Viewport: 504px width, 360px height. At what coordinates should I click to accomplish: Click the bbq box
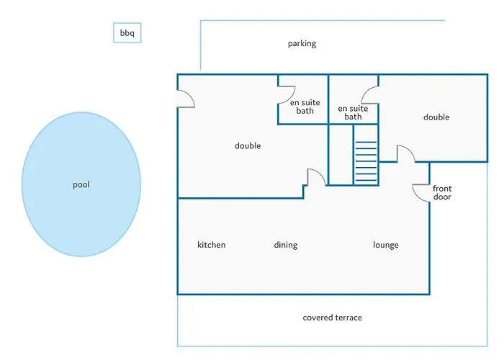127,32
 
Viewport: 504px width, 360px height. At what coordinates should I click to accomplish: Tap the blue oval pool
81,184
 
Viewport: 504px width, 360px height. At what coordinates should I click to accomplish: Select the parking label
302,44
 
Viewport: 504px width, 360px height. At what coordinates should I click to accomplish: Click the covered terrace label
333,318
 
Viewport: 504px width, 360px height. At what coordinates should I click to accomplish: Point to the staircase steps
366,161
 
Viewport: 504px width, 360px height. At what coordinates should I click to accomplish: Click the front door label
442,192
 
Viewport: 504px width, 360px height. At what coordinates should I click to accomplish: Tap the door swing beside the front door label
421,193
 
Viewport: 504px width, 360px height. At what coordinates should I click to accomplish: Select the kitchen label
212,245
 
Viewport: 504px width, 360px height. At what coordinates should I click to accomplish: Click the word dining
286,246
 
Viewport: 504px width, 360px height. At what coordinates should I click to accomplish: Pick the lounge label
386,246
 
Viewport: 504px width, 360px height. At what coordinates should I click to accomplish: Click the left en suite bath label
305,107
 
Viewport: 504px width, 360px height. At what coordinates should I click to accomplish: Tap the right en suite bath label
353,112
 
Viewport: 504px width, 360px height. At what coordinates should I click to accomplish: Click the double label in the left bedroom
248,146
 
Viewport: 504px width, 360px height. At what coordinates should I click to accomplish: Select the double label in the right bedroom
436,117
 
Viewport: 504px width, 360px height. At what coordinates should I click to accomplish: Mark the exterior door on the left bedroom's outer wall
186,99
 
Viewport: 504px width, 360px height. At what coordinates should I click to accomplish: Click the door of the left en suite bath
287,95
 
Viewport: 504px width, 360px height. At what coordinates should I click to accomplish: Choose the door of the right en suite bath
371,95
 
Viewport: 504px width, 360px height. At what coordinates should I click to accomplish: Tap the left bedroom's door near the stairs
317,177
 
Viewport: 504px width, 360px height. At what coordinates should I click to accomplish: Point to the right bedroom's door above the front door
406,153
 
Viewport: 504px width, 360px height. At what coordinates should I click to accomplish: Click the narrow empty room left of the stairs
341,155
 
